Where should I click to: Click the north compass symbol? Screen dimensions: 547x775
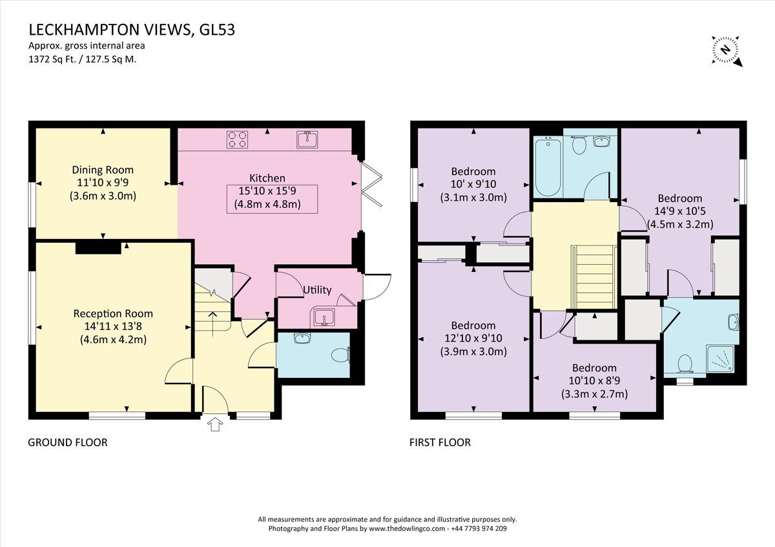[727, 50]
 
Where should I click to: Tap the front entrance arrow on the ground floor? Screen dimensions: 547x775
[216, 424]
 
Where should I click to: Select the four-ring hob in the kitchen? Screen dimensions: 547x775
[237, 139]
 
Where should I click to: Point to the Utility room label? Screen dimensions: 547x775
[317, 290]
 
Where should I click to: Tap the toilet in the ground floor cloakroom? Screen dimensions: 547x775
[340, 355]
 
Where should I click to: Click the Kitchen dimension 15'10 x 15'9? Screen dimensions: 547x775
[271, 192]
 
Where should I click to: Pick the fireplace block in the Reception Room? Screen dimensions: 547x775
[98, 247]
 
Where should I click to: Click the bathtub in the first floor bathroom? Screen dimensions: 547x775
[546, 166]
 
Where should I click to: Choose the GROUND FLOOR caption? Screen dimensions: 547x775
[67, 442]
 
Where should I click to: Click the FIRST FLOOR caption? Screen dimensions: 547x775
[440, 442]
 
